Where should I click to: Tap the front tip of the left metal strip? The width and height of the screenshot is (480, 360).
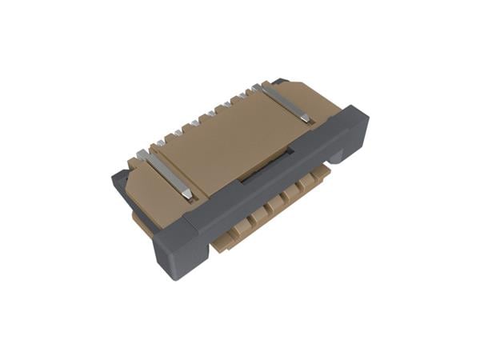coord(186,194)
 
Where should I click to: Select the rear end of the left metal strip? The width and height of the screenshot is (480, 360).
coord(142,154)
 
